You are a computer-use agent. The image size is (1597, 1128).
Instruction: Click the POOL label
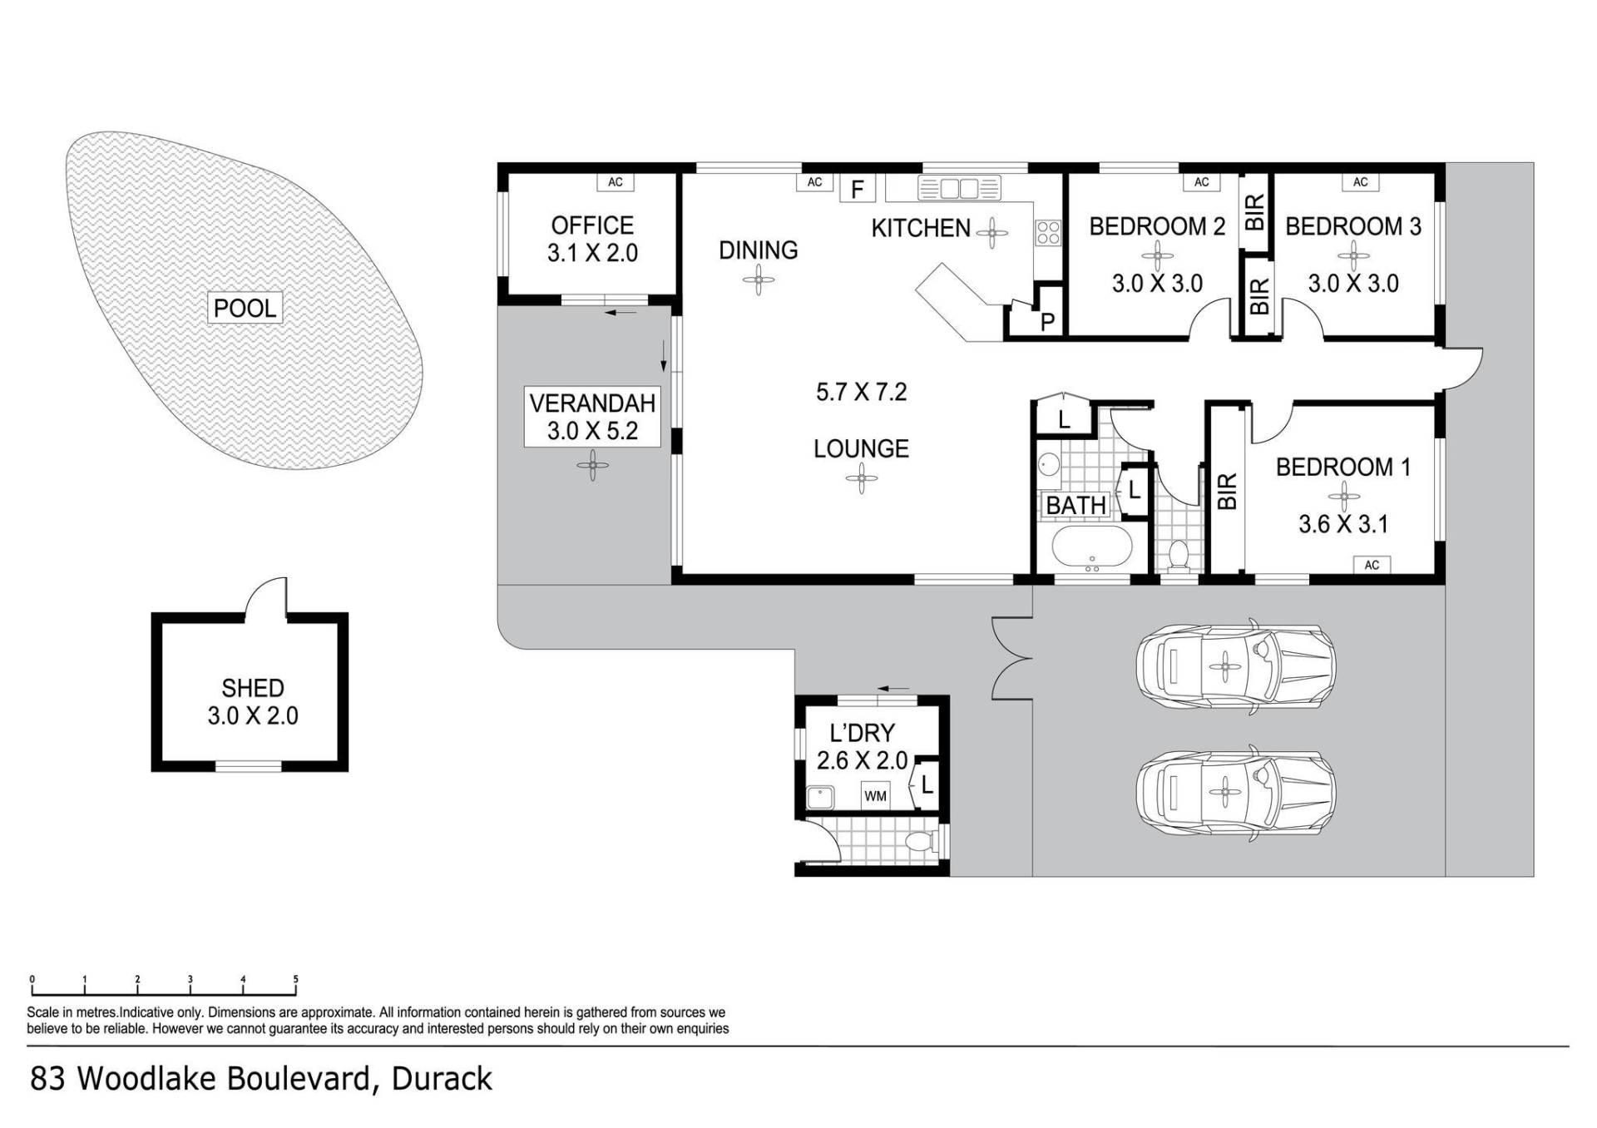pyautogui.click(x=245, y=309)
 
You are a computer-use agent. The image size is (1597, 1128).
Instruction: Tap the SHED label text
pyautogui.click(x=253, y=688)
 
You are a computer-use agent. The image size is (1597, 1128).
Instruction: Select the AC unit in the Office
pyautogui.click(x=616, y=182)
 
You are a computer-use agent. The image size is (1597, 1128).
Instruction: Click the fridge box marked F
pyautogui.click(x=858, y=190)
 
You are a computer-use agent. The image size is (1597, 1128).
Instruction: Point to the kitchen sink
pyautogui.click(x=959, y=188)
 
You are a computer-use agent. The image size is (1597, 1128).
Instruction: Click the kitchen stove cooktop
pyautogui.click(x=1048, y=232)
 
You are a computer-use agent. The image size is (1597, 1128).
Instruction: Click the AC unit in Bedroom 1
pyautogui.click(x=1372, y=565)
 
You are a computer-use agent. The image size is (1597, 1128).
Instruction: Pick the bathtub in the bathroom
pyautogui.click(x=1092, y=547)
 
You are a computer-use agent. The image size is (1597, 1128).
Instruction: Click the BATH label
pyautogui.click(x=1075, y=505)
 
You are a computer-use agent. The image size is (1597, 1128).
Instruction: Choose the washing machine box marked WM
pyautogui.click(x=875, y=796)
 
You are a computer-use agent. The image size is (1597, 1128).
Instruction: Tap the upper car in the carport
pyautogui.click(x=1236, y=666)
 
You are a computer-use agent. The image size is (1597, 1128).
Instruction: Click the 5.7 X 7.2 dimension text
pyautogui.click(x=861, y=392)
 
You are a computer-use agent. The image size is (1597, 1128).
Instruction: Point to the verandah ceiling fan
pyautogui.click(x=592, y=466)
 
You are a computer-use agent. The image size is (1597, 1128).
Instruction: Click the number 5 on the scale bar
pyautogui.click(x=295, y=979)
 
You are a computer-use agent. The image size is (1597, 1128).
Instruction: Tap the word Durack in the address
pyautogui.click(x=442, y=1079)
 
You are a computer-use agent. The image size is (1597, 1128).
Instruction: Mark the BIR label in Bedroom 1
pyautogui.click(x=1227, y=491)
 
